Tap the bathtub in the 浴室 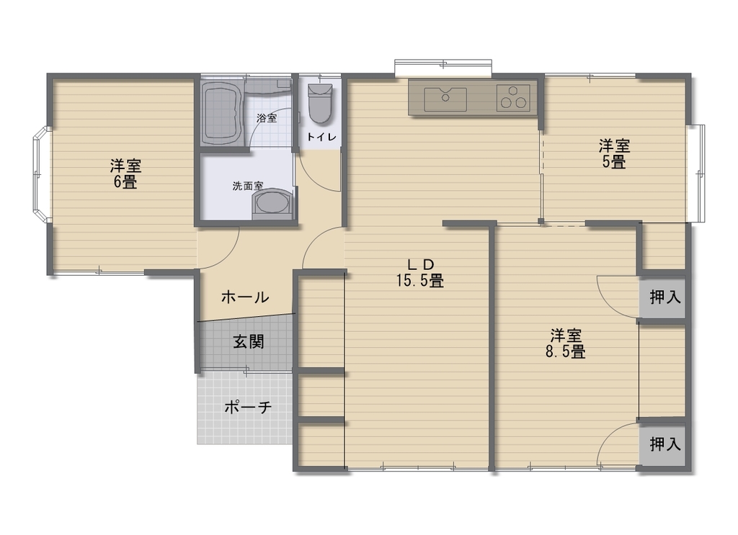(223, 114)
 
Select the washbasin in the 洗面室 (272, 204)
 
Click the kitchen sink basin (445, 99)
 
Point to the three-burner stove (513, 98)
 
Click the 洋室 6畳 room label (125, 174)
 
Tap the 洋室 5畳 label (614, 153)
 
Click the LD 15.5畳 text (420, 273)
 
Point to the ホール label (245, 297)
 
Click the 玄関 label (249, 342)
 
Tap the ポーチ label (248, 406)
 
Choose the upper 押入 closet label (665, 297)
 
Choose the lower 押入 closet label (665, 444)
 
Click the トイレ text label (322, 138)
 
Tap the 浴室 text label (267, 118)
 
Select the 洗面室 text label (248, 186)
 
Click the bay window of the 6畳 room (41, 174)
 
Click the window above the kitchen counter (443, 68)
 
